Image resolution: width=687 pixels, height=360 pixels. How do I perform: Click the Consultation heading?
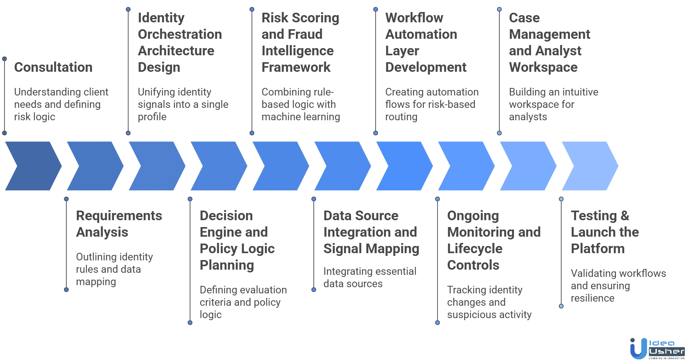click(x=53, y=68)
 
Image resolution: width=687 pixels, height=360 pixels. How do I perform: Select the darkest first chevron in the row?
click(x=33, y=166)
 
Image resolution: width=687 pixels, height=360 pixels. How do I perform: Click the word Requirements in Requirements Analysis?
click(x=118, y=216)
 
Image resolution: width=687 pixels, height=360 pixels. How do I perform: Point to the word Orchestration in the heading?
click(x=180, y=35)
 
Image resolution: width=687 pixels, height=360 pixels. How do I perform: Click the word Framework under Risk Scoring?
click(x=297, y=68)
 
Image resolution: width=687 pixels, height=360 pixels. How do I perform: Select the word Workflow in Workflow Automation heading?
click(x=414, y=18)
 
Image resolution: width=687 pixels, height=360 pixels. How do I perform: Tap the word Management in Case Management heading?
click(x=549, y=35)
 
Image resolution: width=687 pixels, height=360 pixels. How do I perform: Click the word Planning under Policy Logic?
click(x=227, y=265)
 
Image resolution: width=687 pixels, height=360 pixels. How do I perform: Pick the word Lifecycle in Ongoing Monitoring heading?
click(x=474, y=249)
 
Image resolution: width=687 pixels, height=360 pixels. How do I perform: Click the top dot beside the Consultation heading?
click(x=4, y=59)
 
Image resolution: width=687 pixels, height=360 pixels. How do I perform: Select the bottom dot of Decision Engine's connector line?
click(x=190, y=323)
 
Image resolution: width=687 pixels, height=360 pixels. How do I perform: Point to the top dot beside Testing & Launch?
click(x=561, y=199)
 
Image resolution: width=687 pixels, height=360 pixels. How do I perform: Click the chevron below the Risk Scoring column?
click(x=280, y=166)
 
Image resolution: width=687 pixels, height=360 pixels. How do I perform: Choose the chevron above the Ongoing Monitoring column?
click(x=466, y=166)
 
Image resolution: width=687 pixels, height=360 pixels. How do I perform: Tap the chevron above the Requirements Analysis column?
click(x=95, y=166)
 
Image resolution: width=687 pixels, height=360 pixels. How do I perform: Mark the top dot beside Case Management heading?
click(x=499, y=9)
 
